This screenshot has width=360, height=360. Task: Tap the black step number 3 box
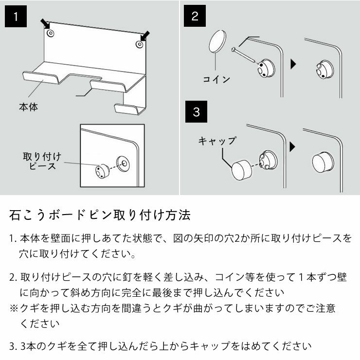click(x=196, y=112)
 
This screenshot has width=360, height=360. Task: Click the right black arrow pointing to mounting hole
click(x=145, y=36)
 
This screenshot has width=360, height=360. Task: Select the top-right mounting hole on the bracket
click(x=139, y=44)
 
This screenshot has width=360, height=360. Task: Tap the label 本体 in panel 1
click(x=28, y=106)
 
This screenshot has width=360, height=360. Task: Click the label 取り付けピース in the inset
click(x=42, y=161)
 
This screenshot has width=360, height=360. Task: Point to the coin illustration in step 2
click(x=218, y=42)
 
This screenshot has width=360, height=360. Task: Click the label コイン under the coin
click(x=216, y=79)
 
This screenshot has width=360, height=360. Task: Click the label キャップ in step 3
click(x=217, y=141)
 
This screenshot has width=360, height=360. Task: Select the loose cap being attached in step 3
click(x=241, y=170)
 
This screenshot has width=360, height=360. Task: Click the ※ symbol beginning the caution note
click(x=14, y=308)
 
